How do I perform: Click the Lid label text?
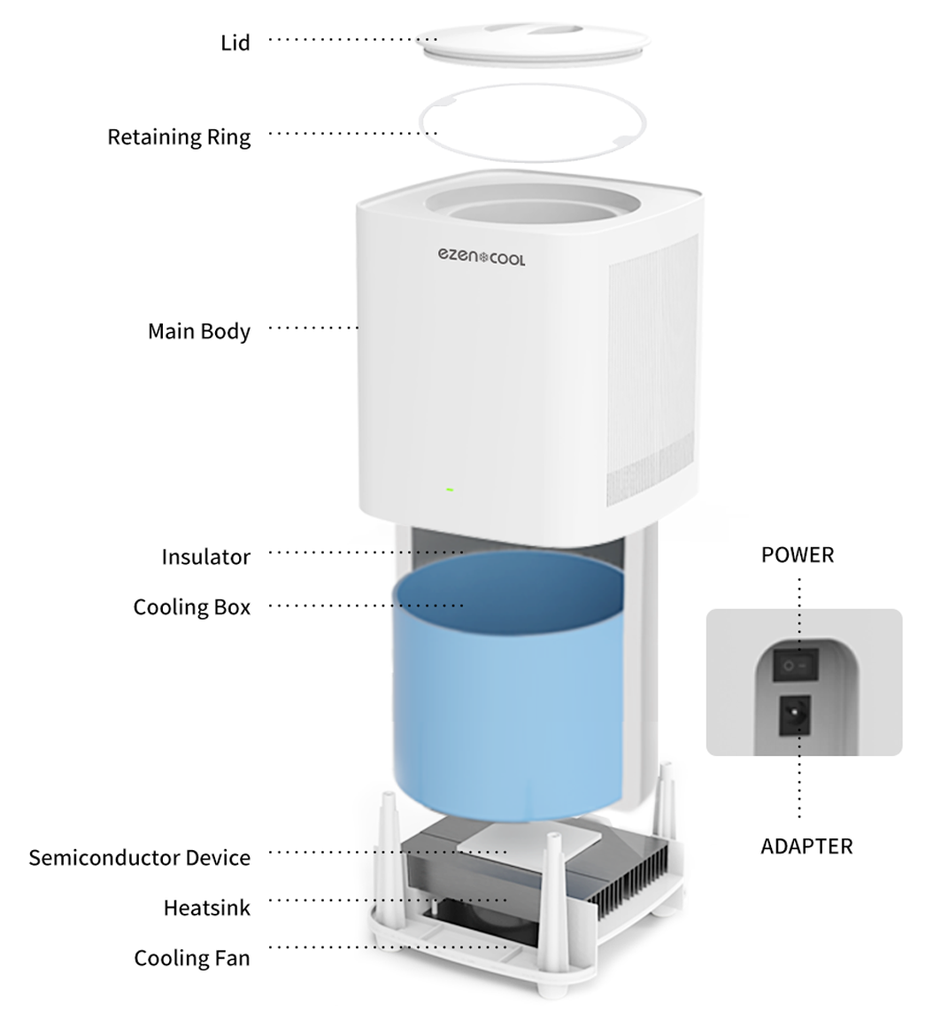click(x=235, y=42)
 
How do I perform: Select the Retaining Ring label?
click(x=179, y=137)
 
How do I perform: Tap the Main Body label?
click(x=199, y=331)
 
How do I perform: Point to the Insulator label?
click(x=205, y=557)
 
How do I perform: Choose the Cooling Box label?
click(x=191, y=607)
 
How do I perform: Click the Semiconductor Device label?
click(x=139, y=858)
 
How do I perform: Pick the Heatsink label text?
click(x=206, y=908)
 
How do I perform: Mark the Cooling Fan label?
click(x=191, y=958)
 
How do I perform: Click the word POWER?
click(x=797, y=555)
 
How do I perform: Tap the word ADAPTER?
click(x=806, y=846)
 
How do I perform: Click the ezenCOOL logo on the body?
click(x=481, y=257)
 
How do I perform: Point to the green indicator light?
click(x=450, y=490)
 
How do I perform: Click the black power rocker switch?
click(x=796, y=664)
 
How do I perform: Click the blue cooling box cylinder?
click(x=508, y=699)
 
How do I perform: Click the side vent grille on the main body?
click(x=650, y=372)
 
